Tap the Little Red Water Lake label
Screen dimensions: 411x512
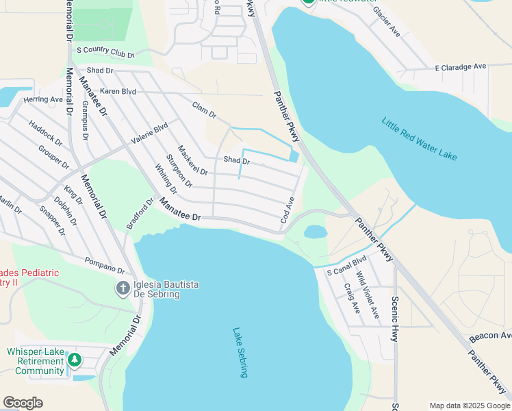[x=419, y=140]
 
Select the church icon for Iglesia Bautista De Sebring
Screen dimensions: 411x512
[x=123, y=288]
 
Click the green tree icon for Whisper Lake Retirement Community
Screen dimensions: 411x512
[x=75, y=360]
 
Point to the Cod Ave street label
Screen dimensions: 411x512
[x=287, y=210]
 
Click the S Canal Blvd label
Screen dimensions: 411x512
[x=347, y=265]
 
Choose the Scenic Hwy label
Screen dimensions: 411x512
[x=395, y=314]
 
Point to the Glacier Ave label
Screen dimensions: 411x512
[x=387, y=22]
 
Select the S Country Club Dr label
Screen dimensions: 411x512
[x=105, y=51]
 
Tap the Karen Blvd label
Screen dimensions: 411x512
[x=118, y=91]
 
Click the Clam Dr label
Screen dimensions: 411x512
[x=204, y=109]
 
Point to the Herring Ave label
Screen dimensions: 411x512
[x=42, y=99]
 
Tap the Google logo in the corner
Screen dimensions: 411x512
[x=23, y=403]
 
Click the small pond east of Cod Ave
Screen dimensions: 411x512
[x=315, y=232]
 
